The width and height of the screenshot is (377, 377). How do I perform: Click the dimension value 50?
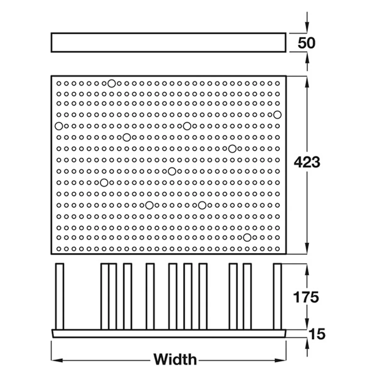click(306, 43)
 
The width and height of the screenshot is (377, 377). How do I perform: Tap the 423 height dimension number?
click(307, 162)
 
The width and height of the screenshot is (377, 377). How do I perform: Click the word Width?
click(175, 359)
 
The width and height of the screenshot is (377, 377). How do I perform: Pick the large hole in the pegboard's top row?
click(112, 84)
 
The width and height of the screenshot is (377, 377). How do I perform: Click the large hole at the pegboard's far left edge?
click(59, 126)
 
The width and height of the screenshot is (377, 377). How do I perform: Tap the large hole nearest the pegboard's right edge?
click(277, 115)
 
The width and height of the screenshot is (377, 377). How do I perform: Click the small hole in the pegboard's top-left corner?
click(59, 84)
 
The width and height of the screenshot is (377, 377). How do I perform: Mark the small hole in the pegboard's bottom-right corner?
click(277, 249)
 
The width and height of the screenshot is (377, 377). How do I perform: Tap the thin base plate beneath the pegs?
click(169, 334)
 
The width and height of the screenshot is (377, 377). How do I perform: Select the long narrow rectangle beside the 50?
click(168, 43)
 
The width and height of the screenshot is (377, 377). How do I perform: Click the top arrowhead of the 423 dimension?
click(307, 81)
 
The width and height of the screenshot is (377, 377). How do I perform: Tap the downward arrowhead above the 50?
click(307, 27)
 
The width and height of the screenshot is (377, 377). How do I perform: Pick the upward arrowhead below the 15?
click(307, 344)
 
